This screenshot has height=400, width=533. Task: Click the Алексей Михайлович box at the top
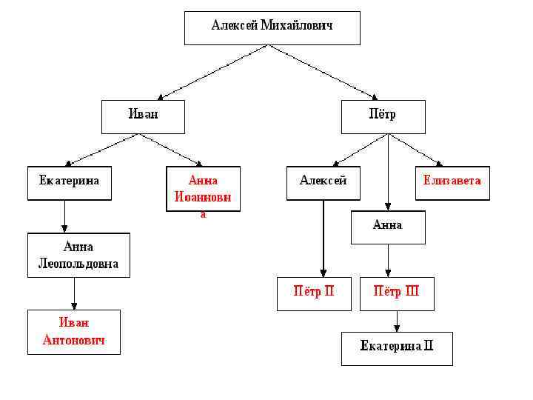(x=272, y=27)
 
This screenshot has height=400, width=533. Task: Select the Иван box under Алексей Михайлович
(x=143, y=116)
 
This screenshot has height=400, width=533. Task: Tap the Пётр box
(x=383, y=116)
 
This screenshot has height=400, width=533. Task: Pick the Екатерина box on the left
(x=70, y=183)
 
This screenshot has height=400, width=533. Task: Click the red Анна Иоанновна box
(x=203, y=190)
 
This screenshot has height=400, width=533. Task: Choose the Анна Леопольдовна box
(x=78, y=255)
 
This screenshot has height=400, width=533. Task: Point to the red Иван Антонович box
(x=73, y=332)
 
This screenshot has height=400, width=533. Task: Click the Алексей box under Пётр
(x=324, y=183)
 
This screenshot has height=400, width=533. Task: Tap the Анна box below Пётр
(x=388, y=227)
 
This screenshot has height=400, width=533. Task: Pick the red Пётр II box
(x=315, y=293)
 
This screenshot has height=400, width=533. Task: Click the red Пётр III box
(x=396, y=293)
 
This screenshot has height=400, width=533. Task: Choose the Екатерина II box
(x=396, y=348)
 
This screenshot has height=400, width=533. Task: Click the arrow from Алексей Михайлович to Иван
(x=214, y=72)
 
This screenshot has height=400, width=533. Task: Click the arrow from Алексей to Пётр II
(x=324, y=237)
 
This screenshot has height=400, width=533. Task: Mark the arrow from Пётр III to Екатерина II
(x=397, y=321)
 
